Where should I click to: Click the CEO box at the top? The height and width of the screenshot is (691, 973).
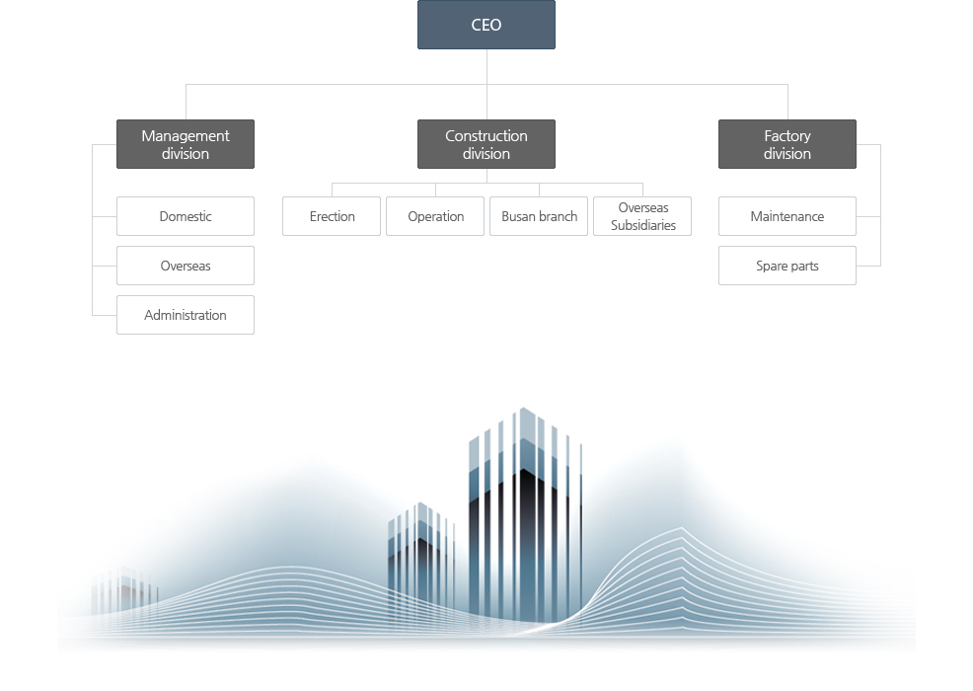pos(486,25)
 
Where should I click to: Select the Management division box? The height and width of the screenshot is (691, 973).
pos(186,144)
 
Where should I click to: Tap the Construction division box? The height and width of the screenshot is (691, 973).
pos(486,144)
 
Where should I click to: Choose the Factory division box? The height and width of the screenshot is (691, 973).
pos(787,144)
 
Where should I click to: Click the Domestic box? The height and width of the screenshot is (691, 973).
pos(186,216)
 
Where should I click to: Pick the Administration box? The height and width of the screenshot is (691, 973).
pos(186,315)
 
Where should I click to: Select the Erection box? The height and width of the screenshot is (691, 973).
pos(332,216)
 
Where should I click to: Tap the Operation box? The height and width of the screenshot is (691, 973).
pos(435,216)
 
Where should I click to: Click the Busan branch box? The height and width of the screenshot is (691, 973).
pos(539,216)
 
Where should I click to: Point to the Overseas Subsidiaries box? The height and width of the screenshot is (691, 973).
pos(642,216)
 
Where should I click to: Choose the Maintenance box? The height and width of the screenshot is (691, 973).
pos(787,216)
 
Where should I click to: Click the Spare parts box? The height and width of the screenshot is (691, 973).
pos(787,266)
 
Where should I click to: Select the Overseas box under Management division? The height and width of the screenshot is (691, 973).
pos(186,266)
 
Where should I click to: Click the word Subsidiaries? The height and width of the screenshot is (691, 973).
pos(642,225)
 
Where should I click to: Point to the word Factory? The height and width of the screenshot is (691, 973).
pos(787,136)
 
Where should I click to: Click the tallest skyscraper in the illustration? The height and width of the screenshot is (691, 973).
pos(526,515)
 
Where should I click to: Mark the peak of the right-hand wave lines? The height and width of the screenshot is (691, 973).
pos(681,528)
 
